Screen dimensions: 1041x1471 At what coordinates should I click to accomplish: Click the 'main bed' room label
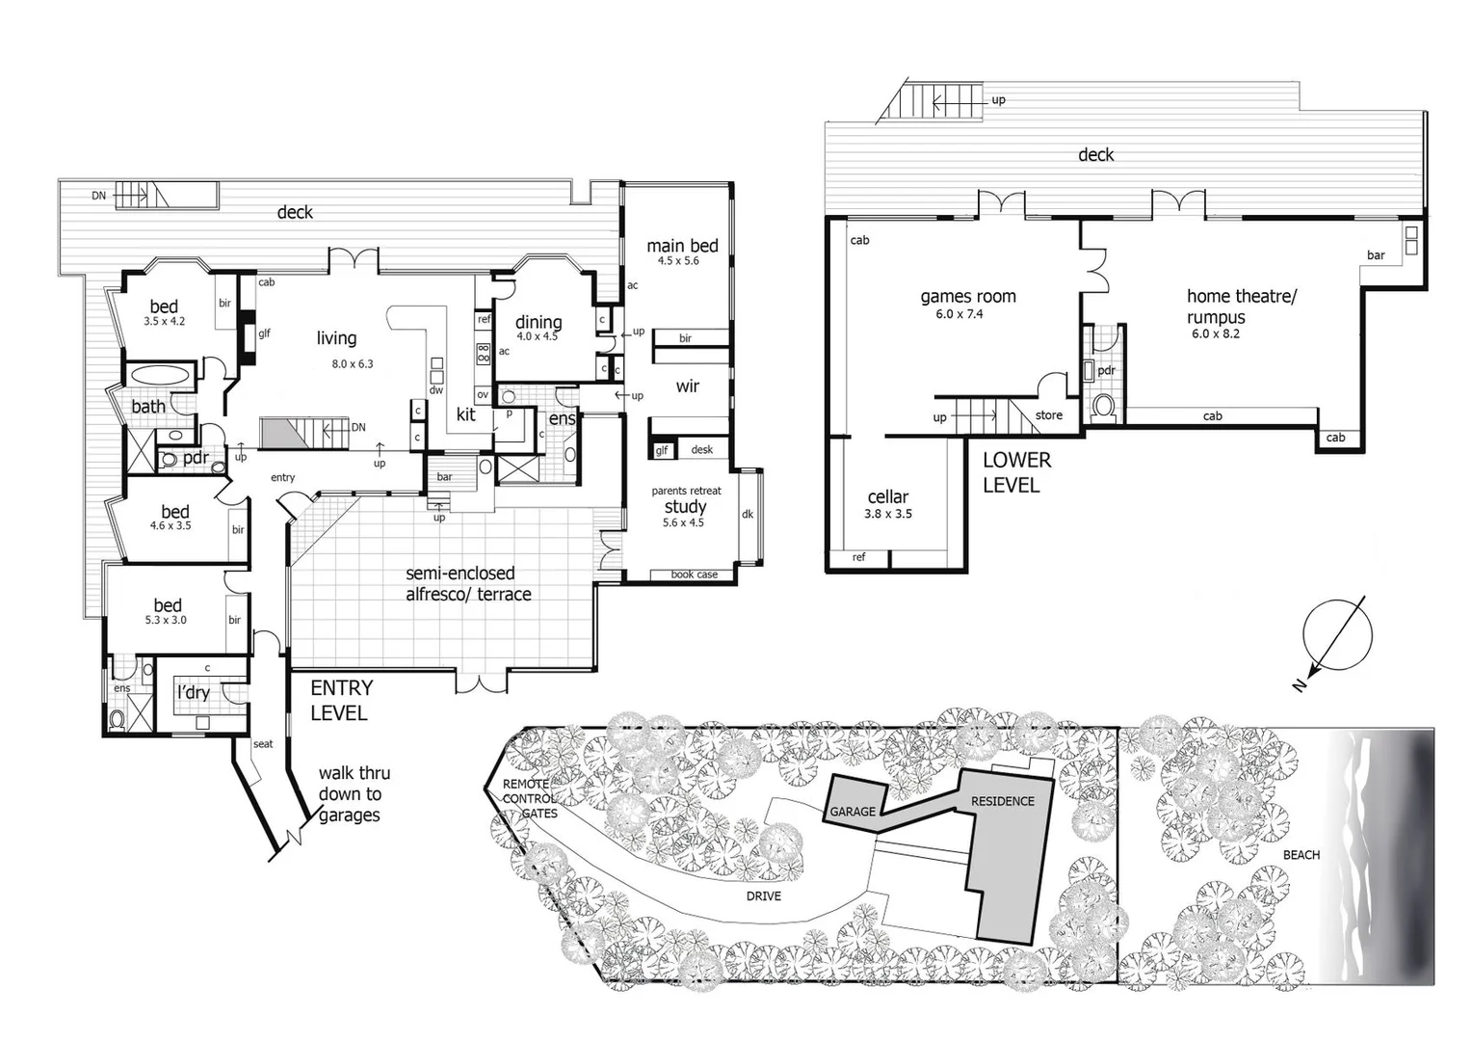point(682,246)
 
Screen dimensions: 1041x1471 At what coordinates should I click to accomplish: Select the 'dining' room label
point(538,322)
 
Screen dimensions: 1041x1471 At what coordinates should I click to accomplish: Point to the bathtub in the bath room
point(160,376)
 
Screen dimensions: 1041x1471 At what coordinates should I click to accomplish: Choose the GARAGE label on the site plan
point(853,812)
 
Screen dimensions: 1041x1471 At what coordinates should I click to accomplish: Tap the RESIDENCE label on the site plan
point(1002,801)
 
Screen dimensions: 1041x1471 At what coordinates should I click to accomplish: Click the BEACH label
point(1301,855)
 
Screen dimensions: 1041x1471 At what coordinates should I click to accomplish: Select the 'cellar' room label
point(887,496)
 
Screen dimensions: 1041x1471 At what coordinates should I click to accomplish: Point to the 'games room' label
point(967,297)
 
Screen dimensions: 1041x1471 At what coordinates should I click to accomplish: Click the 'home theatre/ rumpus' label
point(1240,307)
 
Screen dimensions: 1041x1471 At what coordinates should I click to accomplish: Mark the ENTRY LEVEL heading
point(340,701)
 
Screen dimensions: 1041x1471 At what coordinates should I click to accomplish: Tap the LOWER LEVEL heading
point(1016,472)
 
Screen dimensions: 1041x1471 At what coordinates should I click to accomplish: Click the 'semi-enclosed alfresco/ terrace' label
point(468,583)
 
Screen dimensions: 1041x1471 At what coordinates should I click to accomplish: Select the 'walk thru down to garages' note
point(353,793)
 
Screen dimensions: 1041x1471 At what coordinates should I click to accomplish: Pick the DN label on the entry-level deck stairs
point(99,196)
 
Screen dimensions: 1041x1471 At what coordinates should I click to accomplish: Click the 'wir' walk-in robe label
point(687,387)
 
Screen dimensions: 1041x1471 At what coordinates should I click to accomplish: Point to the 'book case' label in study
point(694,574)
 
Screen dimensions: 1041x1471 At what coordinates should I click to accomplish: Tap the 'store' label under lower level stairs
point(1048,415)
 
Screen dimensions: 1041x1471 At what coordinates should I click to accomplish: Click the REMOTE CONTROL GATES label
point(529,798)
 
